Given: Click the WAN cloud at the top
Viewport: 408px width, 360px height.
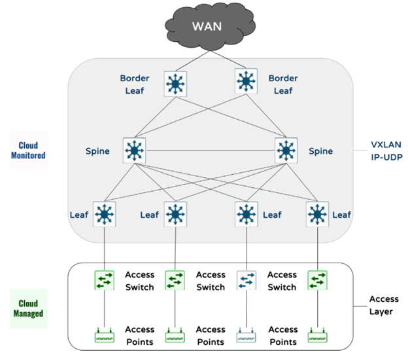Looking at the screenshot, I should tap(208, 27).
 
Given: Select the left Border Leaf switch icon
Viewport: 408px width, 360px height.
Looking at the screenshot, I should tap(175, 83).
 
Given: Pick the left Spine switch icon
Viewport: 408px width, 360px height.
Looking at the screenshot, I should tap(135, 150).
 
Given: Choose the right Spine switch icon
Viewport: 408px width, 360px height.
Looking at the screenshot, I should tap(286, 150).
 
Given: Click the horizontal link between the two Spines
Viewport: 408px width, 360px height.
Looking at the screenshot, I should tap(210, 150).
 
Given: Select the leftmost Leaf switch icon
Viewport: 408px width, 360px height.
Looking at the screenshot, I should tap(104, 214).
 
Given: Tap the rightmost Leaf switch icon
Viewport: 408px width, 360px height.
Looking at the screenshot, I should tap(318, 214).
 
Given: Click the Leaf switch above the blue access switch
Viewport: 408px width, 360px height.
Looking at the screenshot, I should tap(246, 214).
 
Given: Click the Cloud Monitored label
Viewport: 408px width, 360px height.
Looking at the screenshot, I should tap(28, 151).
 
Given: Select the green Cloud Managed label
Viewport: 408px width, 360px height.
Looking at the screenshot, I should tap(28, 308).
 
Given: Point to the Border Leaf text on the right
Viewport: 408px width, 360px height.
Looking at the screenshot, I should tap(282, 84).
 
